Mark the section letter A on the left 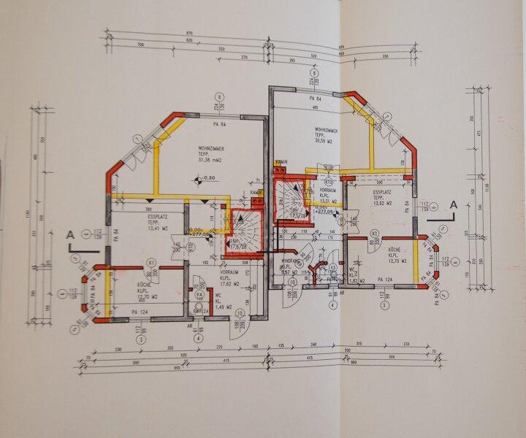71,235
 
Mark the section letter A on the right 453,206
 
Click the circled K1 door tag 151,261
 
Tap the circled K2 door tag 373,233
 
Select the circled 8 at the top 314,73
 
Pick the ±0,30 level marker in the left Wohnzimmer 207,178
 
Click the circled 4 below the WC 197,338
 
